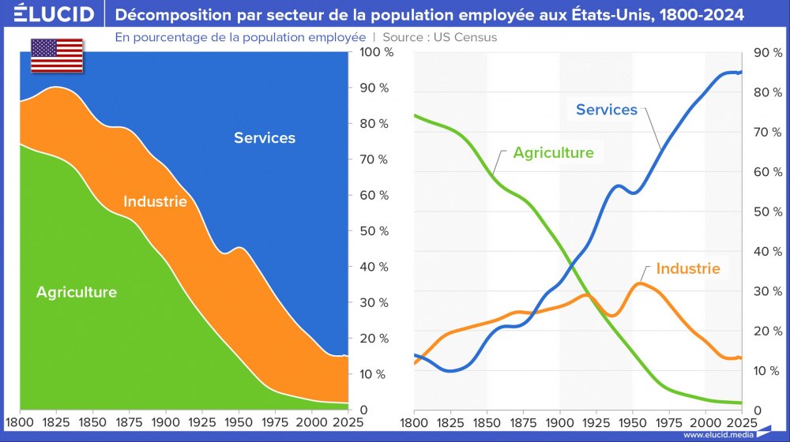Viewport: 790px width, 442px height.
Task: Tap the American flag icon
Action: pos(57,54)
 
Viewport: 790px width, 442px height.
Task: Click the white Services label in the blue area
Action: pos(265,138)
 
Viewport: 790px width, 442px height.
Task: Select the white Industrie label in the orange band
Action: pos(155,201)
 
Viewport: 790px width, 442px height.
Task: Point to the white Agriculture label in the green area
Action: pos(77,292)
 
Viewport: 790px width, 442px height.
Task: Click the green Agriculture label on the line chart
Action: pos(553,153)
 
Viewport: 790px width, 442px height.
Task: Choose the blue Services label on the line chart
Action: pos(606,110)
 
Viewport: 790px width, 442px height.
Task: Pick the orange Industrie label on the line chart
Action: pos(688,268)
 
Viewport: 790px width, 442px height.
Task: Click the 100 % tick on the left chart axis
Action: pos(372,52)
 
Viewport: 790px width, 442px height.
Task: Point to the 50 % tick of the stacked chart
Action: pos(372,231)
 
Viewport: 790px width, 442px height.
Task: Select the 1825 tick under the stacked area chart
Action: pos(55,424)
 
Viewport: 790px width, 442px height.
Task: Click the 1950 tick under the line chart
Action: pos(632,424)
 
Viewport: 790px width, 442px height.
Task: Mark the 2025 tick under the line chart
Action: pos(741,424)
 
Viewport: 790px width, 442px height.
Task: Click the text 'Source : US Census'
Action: pos(439,37)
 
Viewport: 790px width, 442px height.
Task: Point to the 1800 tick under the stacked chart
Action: pos(20,424)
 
